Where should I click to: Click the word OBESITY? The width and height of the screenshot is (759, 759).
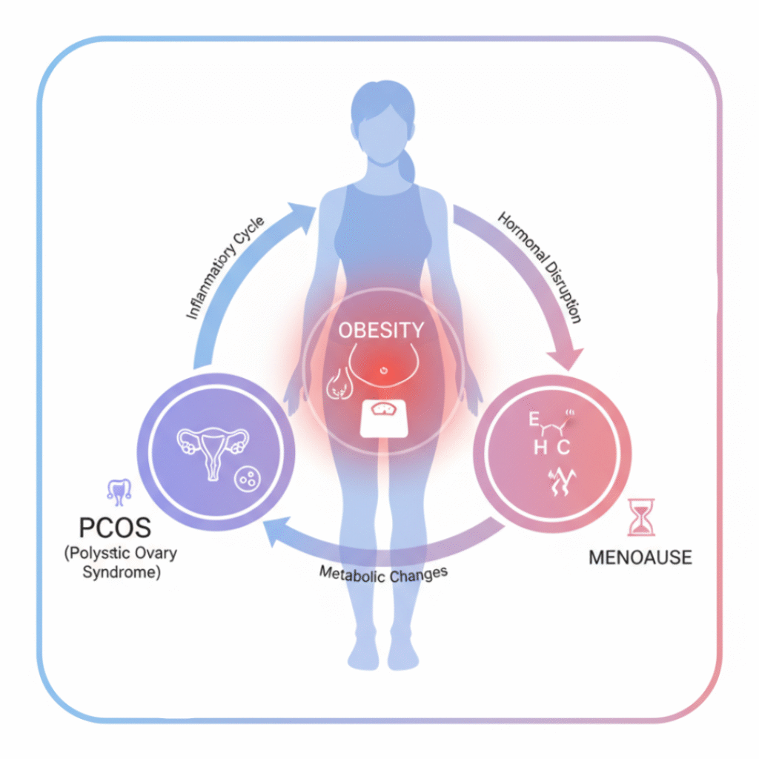(x=382, y=331)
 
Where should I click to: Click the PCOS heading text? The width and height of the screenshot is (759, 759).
(x=115, y=528)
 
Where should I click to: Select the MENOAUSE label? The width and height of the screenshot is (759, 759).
(x=640, y=557)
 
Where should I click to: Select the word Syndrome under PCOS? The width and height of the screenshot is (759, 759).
(x=123, y=573)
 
